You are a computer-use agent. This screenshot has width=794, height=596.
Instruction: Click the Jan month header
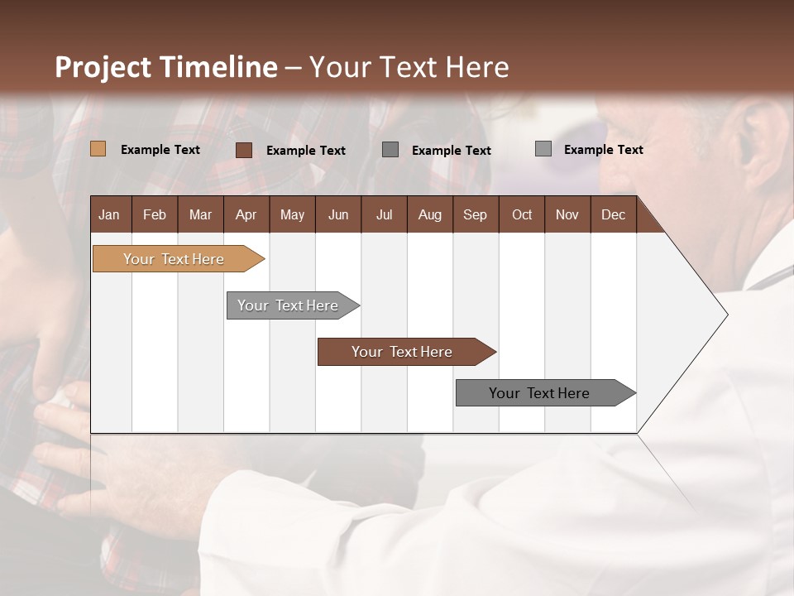pos(110,214)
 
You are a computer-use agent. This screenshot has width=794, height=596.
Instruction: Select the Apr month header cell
pos(246,214)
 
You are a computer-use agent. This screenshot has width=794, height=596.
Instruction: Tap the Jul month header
pos(384,214)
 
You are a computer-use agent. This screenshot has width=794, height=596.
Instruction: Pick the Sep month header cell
pos(476,214)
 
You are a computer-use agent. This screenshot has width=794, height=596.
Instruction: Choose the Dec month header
pos(613,214)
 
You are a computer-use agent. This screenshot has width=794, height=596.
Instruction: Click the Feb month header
pos(155,214)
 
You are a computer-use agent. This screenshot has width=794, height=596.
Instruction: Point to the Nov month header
pos(567,214)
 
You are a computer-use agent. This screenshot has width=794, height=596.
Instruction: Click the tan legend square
pos(98,149)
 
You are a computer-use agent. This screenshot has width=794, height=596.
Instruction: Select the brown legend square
pos(244,150)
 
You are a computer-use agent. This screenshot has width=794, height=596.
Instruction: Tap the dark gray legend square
pos(390,150)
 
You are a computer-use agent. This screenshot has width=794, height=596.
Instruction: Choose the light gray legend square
pos(543,149)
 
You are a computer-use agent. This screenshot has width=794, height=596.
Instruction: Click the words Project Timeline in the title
pos(165,67)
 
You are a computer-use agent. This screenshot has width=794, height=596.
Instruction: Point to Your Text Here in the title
pos(409,67)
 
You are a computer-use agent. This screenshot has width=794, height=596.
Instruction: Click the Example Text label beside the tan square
pos(160,150)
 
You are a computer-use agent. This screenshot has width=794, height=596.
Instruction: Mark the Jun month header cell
pos(338,214)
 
